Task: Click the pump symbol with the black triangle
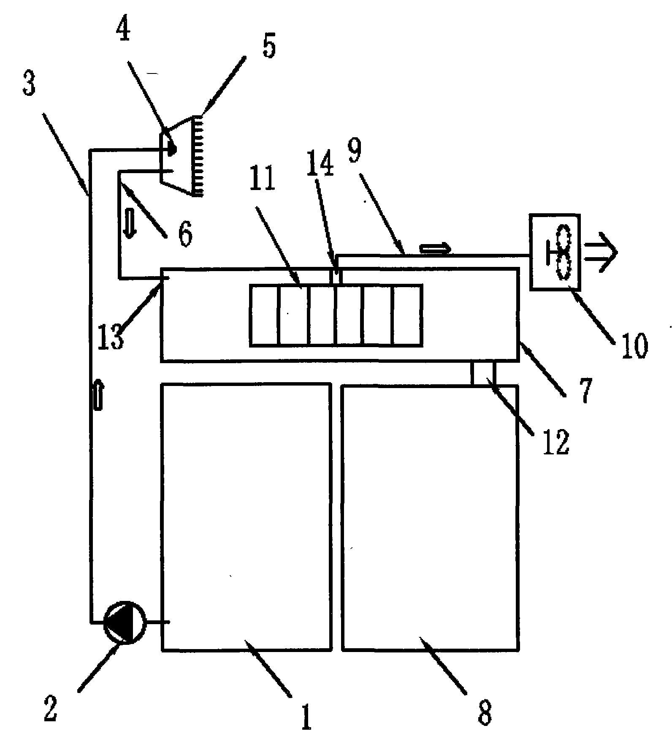125,622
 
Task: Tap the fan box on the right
555,252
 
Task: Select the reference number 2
50,707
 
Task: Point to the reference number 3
29,87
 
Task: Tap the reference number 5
269,46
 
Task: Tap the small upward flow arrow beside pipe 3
97,394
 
